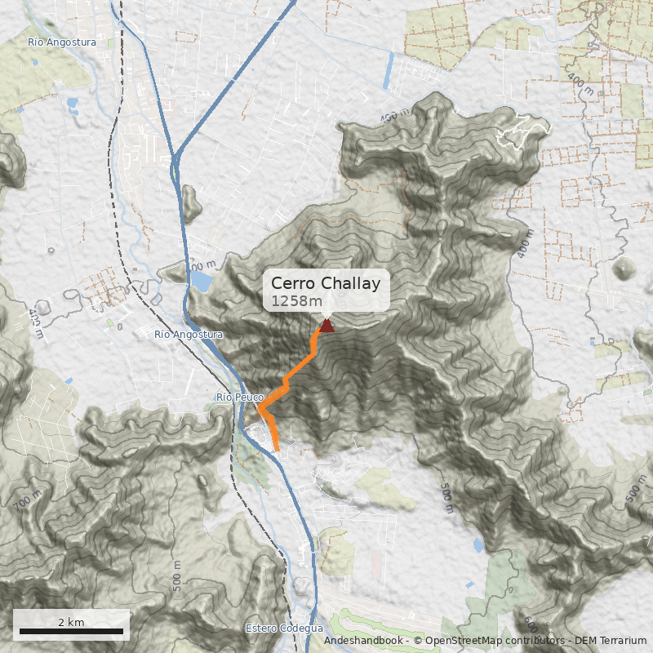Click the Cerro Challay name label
tap(326, 283)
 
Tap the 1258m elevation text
tap(296, 301)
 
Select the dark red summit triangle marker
tap(326, 326)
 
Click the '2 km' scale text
tap(71, 622)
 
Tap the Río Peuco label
tap(239, 398)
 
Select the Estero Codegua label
tap(284, 629)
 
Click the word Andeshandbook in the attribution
tap(362, 642)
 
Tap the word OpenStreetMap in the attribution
tap(463, 642)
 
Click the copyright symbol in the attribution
tap(418, 642)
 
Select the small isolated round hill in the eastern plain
tap(626, 269)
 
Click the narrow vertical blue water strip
tap(388, 71)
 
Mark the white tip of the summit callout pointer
tap(326, 317)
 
